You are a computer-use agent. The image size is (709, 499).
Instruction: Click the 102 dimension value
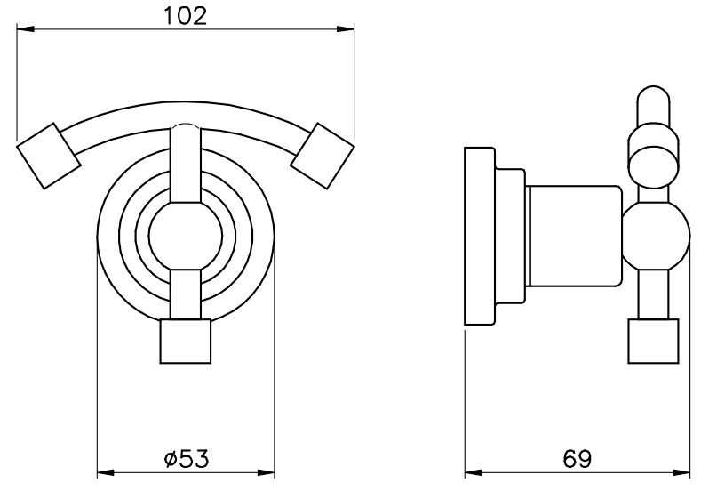pyautogui.click(x=185, y=16)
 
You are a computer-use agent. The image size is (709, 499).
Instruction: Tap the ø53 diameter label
pyautogui.click(x=187, y=459)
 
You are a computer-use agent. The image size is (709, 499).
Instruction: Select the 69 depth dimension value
pyautogui.click(x=577, y=459)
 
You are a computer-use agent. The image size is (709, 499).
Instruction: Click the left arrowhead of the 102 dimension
pyautogui.click(x=25, y=29)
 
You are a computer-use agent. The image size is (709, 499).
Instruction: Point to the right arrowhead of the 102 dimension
pyautogui.click(x=346, y=29)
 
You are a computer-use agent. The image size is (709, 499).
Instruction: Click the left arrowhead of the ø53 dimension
pyautogui.click(x=107, y=473)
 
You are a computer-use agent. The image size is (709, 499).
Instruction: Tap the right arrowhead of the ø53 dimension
pyautogui.click(x=266, y=473)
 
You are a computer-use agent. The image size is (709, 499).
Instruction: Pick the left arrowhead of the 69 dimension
pyautogui.click(x=474, y=473)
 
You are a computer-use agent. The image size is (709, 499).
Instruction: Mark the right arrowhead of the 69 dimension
pyautogui.click(x=681, y=473)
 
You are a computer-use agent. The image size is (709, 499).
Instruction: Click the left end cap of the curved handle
pyautogui.click(x=49, y=156)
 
